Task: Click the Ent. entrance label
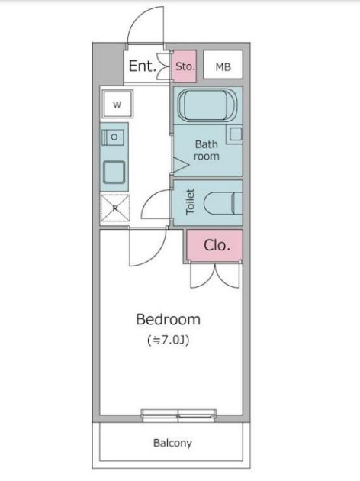pos(143,66)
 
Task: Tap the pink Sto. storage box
pos(185,66)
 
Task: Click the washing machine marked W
pos(117,105)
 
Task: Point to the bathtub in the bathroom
pos(207,105)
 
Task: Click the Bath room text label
pos(207,150)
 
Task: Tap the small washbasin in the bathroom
pos(235,134)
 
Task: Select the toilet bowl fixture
pos(223,203)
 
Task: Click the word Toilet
pos(190,202)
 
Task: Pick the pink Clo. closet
pos(215,245)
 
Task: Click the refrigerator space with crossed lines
pos(115,208)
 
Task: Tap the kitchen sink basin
pos(114,172)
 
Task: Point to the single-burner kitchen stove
pos(113,137)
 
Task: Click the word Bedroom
pos(169,319)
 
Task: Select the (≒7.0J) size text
pos(169,340)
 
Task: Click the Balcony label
pos(172,443)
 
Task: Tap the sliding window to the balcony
pos(178,415)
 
